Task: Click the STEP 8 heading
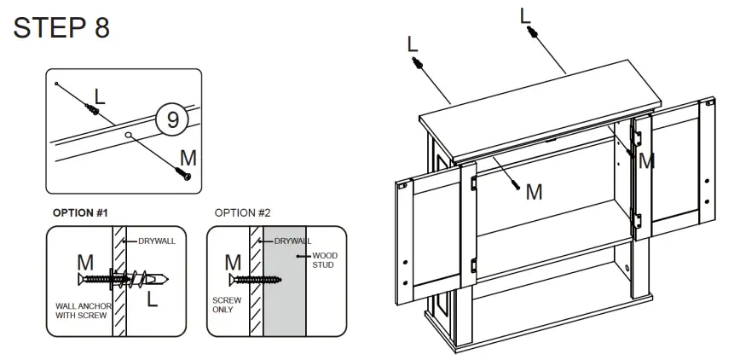[x=61, y=27]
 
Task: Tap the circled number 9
[x=172, y=119]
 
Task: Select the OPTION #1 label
[x=81, y=212]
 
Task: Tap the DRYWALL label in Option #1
[x=156, y=241]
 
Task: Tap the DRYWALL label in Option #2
[x=292, y=241]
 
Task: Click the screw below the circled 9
[x=183, y=173]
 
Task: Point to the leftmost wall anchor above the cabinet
[x=416, y=65]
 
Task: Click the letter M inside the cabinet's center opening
[x=534, y=192]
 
